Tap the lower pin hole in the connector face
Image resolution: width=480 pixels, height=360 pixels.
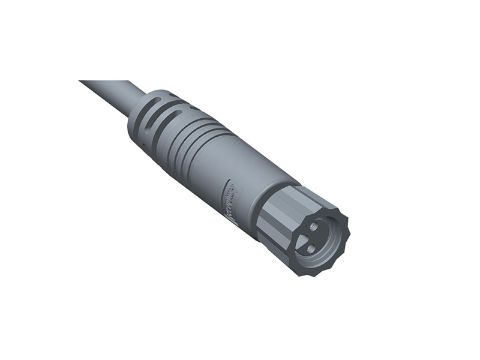[x=310, y=248]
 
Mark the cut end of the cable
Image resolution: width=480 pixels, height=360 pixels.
[x=82, y=82]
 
